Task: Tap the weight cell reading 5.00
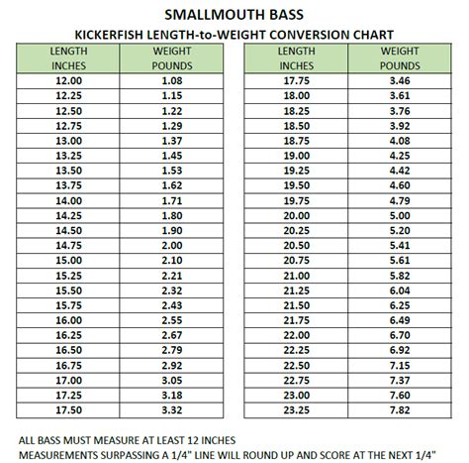[x=401, y=214]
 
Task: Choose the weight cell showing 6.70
[x=401, y=336]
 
